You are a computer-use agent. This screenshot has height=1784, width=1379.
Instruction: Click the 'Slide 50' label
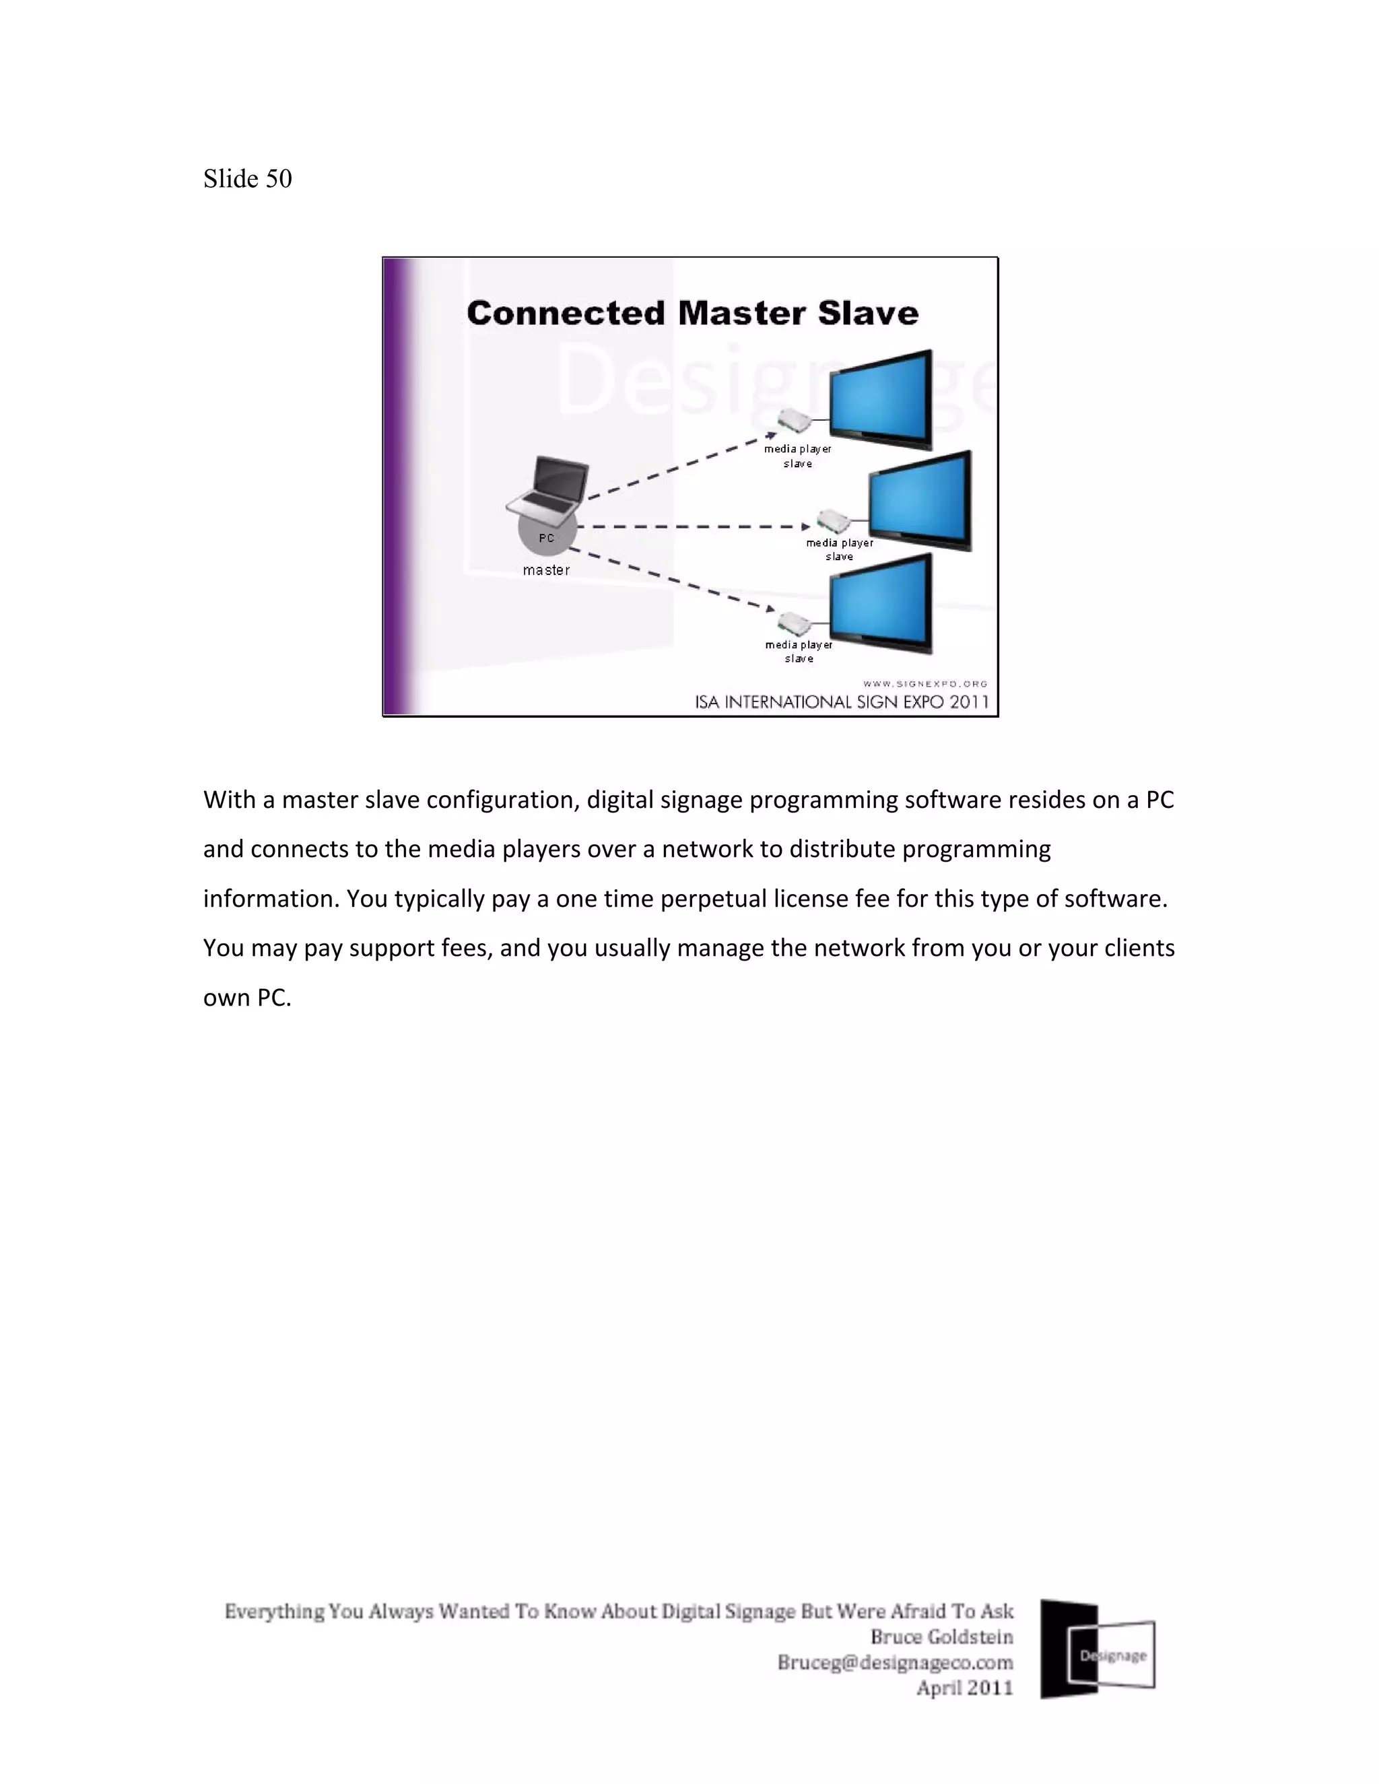248,179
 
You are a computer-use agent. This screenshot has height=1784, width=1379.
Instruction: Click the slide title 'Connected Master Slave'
692,314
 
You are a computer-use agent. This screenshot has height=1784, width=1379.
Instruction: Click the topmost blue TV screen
881,399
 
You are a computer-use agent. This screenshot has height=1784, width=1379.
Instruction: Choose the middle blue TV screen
920,500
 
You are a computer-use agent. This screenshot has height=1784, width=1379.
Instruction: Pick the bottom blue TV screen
881,603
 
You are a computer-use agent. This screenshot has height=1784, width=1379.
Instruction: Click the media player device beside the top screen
793,421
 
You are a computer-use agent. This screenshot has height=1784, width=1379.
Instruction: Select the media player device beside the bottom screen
793,623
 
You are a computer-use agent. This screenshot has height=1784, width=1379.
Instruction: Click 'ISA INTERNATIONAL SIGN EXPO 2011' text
842,701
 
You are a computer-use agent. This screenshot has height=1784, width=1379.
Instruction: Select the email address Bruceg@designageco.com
895,1662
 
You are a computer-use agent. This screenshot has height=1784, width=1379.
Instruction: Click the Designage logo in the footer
1097,1649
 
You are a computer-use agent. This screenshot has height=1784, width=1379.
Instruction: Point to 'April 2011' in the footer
964,1688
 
